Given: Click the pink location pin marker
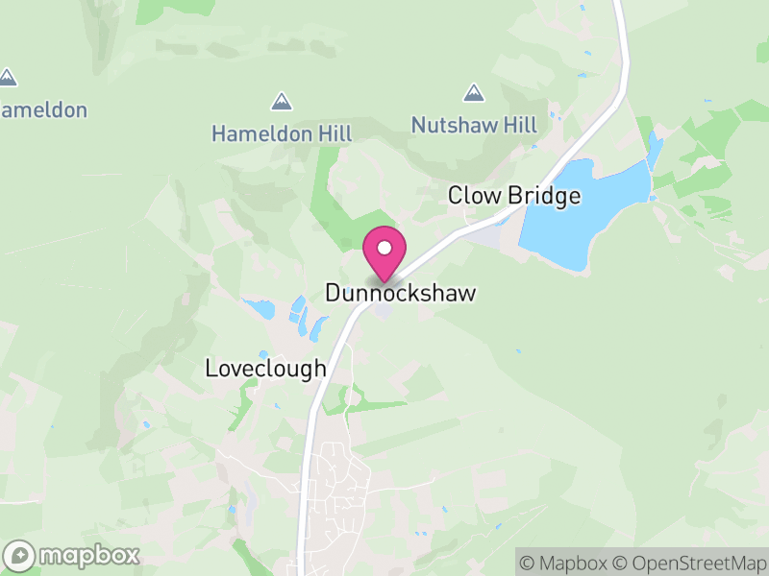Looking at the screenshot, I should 384,252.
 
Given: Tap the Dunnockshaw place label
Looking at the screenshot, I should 401,294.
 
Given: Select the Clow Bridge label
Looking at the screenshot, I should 514,196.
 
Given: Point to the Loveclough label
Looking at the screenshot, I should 266,369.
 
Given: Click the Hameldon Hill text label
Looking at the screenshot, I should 282,133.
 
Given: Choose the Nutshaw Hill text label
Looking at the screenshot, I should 474,125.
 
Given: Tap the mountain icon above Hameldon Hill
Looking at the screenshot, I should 282,101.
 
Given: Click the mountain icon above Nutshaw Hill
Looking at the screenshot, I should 473,93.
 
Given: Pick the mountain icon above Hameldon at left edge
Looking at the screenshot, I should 8,77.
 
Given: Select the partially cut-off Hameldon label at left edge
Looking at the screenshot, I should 43,109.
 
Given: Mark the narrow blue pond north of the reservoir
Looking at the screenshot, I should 655,151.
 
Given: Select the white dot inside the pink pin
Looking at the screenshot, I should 384,248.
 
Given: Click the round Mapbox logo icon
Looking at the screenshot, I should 21,555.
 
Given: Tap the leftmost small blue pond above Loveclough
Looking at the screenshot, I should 260,309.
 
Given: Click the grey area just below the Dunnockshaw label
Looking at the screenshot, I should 384,312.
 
